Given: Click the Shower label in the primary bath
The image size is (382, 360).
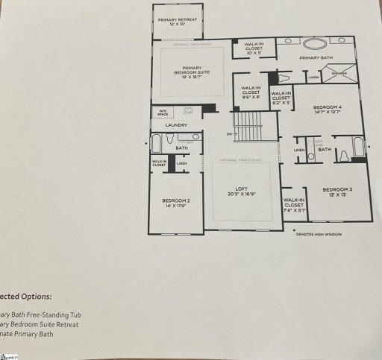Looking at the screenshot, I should pyautogui.click(x=339, y=74).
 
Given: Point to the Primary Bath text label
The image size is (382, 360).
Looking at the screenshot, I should pyautogui.click(x=316, y=57).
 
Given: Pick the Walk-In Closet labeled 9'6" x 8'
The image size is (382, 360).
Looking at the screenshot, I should pyautogui.click(x=250, y=93).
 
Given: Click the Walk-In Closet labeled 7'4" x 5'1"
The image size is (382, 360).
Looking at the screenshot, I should pyautogui.click(x=292, y=205).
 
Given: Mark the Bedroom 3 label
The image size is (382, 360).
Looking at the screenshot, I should pyautogui.click(x=337, y=192).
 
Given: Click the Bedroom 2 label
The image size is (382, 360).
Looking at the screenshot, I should pyautogui.click(x=177, y=203).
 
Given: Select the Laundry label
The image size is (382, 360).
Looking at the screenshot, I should pyautogui.click(x=176, y=125).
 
